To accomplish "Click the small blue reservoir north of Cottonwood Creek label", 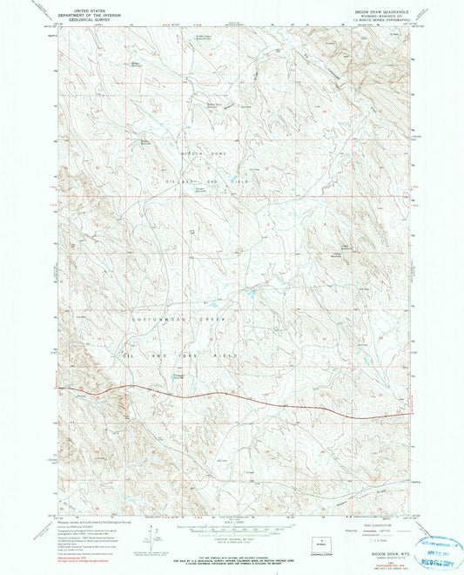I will click(x=250, y=294).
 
